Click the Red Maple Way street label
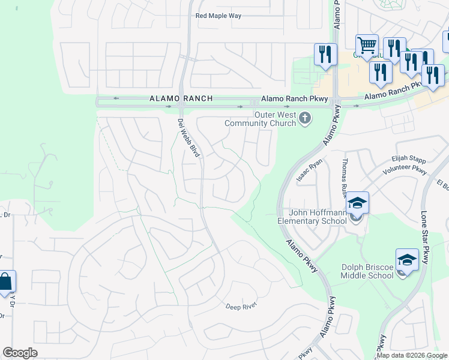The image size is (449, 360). [x=218, y=16]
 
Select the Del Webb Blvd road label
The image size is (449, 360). [x=189, y=138]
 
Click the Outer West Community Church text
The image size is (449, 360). [x=260, y=119]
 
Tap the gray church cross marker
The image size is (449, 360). [x=305, y=118]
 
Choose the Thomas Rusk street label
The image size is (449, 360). [x=346, y=174]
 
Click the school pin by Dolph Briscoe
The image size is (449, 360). [x=407, y=261]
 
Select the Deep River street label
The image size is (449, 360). [x=241, y=307]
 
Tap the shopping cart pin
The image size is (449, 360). [x=367, y=44]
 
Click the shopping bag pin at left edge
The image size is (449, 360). [x=5, y=283]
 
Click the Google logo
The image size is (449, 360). [x=20, y=353]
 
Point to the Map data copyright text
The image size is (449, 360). [x=412, y=355]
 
